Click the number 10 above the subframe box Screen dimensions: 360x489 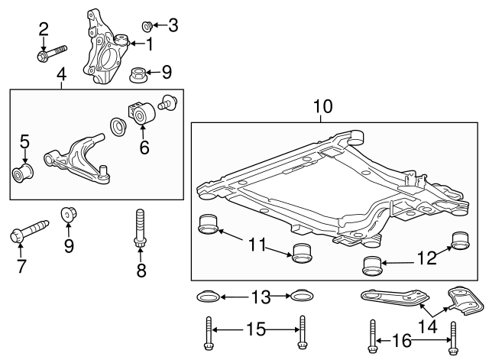(322, 106)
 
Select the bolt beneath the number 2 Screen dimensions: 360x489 (47, 54)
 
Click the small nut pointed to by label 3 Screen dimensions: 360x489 (148, 26)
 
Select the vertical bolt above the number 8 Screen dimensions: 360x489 (139, 227)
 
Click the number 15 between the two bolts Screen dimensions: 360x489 (255, 330)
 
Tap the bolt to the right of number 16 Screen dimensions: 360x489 (455, 337)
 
